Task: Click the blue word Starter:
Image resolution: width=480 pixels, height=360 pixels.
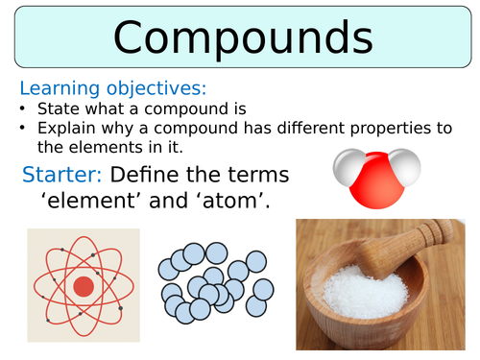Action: coord(61,174)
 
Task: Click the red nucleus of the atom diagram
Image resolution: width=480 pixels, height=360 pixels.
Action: coord(84,286)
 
